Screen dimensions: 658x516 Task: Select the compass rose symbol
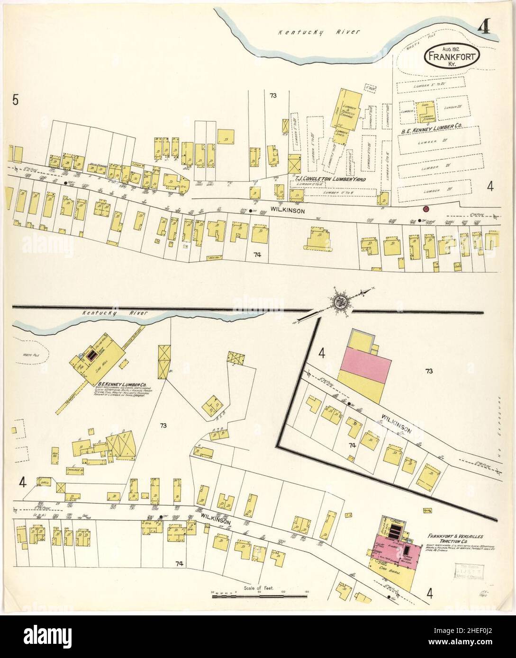[340, 302]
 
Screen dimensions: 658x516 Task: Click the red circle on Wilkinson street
[425, 209]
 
